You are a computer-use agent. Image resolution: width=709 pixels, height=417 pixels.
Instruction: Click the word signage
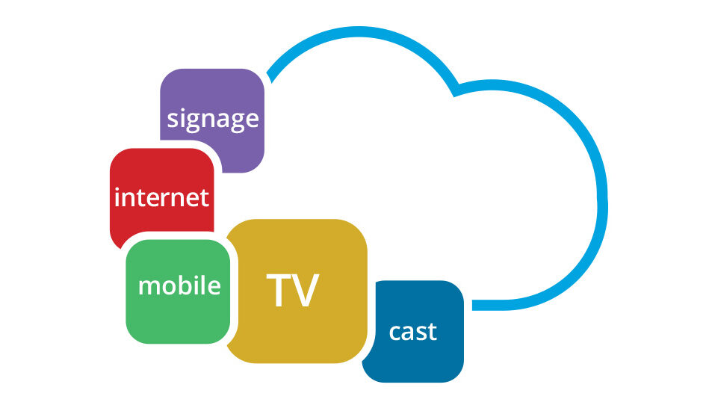(x=212, y=120)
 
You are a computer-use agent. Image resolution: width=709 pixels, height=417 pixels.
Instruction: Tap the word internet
(x=162, y=197)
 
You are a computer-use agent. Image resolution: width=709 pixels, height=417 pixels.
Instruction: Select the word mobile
(x=179, y=285)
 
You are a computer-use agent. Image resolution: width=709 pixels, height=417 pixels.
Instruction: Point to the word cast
(x=413, y=332)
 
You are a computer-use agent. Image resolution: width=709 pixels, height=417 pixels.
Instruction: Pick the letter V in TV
(x=306, y=290)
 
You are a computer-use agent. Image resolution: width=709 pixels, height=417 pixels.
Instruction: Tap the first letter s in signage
(x=173, y=119)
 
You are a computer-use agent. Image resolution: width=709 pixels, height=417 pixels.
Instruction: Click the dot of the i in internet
(x=117, y=190)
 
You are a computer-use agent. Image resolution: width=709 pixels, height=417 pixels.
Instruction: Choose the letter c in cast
(x=395, y=333)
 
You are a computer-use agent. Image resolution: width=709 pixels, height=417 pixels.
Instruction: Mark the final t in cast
(x=431, y=332)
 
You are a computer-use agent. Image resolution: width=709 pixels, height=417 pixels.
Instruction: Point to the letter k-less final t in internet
(x=204, y=198)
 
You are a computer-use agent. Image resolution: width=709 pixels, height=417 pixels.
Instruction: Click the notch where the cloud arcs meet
(x=456, y=90)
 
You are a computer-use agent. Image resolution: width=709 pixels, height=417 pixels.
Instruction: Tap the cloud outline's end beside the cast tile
(x=473, y=306)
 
